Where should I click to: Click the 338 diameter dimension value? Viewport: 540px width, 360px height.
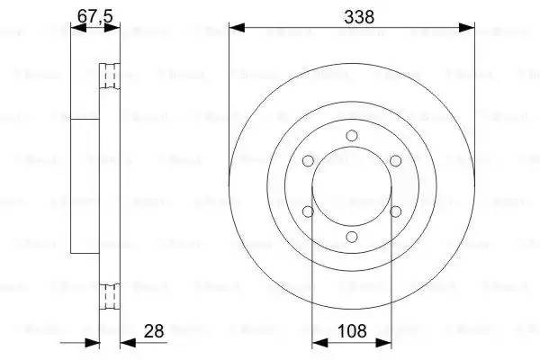pyautogui.click(x=352, y=16)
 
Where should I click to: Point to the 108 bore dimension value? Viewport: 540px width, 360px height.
pyautogui.click(x=351, y=332)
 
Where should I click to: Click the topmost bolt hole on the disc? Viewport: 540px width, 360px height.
pyautogui.click(x=352, y=135)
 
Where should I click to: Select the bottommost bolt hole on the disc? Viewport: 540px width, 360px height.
pyautogui.click(x=352, y=236)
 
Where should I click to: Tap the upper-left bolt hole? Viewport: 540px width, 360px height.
pyautogui.click(x=309, y=160)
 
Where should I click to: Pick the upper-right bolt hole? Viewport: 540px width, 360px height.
pyautogui.click(x=395, y=160)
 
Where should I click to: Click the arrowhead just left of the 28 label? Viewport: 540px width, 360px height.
pyautogui.click(x=125, y=343)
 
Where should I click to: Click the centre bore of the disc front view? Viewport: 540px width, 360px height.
pyautogui.click(x=352, y=185)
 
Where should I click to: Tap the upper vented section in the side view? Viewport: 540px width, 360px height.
pyautogui.click(x=109, y=76)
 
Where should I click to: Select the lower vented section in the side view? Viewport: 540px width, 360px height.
pyautogui.click(x=109, y=295)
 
